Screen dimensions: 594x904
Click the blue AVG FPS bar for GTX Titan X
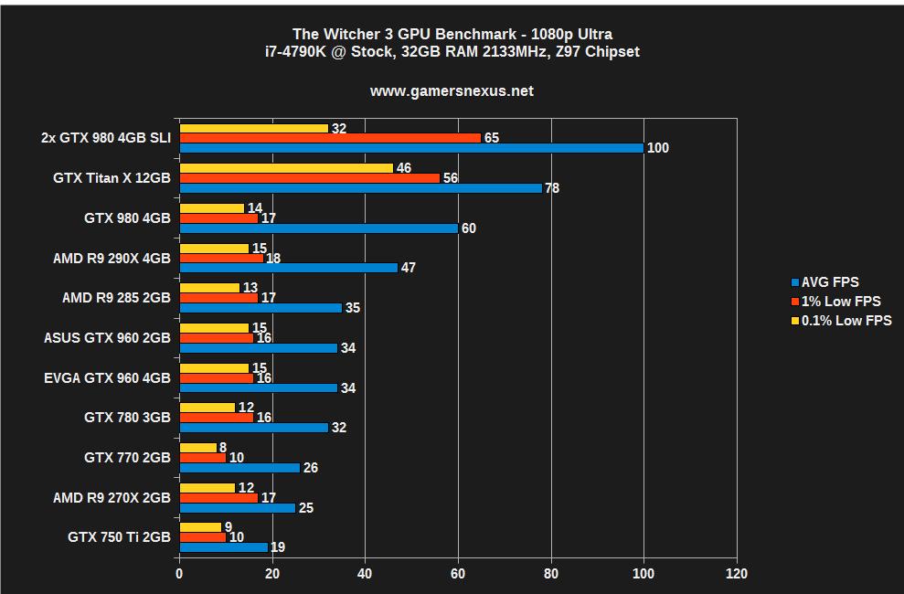coord(360,188)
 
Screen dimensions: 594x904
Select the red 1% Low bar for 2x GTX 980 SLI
coord(330,138)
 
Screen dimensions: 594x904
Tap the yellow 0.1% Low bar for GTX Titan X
coord(286,168)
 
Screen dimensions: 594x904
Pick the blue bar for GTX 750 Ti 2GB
coord(224,547)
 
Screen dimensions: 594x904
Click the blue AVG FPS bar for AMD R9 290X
coord(289,268)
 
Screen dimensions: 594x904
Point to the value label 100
coord(657,148)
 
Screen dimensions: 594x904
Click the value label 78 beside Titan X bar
coord(551,188)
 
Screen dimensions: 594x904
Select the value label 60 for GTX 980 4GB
coord(468,228)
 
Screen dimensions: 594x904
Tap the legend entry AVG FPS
coord(830,282)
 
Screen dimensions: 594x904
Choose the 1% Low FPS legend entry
coord(841,302)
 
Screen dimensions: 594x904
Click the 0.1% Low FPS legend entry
coord(846,321)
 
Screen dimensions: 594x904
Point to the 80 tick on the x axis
coord(551,574)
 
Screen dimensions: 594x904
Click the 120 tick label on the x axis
coord(736,574)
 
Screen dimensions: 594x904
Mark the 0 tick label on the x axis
coord(180,574)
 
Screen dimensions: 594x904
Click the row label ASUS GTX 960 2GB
coord(107,338)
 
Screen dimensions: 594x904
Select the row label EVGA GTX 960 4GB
coord(107,377)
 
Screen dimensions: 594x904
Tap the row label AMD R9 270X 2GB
coord(112,497)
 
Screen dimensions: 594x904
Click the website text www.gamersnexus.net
coord(452,91)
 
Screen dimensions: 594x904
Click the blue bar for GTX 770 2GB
coord(239,468)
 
